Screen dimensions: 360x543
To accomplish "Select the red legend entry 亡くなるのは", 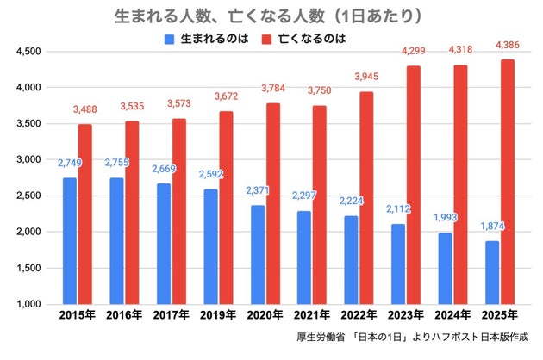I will coord(315,39).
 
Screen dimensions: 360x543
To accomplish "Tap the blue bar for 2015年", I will coord(69,240).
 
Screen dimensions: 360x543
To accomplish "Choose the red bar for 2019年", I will coord(225,208).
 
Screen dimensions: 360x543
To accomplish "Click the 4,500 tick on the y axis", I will coord(28,52).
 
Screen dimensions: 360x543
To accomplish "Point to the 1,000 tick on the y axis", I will coord(28,304).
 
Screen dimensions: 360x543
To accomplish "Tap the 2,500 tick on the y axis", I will coord(28,196).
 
